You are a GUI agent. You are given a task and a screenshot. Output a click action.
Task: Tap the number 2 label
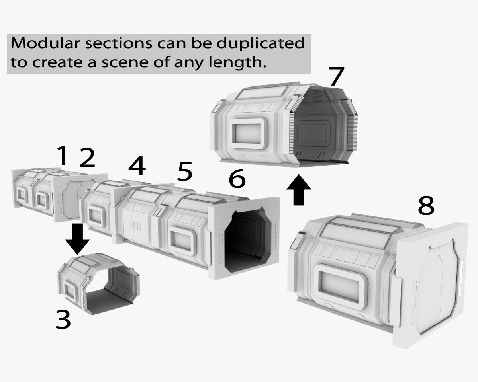[87, 158]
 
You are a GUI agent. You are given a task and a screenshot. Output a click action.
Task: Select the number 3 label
[63, 320]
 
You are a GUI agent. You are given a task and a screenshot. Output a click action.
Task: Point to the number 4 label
[137, 166]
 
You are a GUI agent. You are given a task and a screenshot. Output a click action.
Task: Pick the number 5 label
[184, 171]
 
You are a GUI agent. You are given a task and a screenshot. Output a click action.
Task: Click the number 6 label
[237, 178]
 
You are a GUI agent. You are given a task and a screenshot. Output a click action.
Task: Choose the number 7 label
[337, 76]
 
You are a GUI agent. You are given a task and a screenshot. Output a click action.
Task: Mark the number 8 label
[426, 205]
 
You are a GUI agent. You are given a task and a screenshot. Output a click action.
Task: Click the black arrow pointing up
[298, 190]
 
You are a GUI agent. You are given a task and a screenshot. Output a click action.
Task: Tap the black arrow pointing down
[77, 239]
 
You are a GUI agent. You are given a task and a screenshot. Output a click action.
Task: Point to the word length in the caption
[237, 62]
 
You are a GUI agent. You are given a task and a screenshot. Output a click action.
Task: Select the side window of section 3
[70, 293]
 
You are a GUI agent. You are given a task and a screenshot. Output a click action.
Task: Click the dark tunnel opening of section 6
[247, 241]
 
